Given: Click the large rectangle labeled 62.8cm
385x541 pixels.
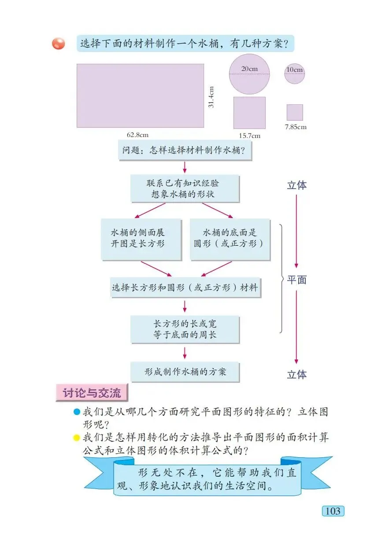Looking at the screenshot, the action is (140, 96).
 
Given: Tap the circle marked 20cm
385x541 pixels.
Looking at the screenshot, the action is (249, 74).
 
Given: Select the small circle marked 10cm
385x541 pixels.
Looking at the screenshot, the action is (294, 74).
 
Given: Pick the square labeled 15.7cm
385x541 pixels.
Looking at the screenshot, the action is (249, 113).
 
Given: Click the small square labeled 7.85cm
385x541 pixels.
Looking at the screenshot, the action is (295, 112).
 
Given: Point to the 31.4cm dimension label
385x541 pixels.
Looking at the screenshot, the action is (211, 97).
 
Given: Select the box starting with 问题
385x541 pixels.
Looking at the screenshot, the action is (185, 150).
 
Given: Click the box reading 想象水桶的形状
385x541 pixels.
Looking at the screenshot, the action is (185, 189).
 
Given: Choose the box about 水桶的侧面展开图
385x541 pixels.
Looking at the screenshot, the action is (141, 238).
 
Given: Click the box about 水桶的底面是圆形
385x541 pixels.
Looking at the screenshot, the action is (230, 238).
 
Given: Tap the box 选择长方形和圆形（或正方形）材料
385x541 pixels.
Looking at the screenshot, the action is (185, 288).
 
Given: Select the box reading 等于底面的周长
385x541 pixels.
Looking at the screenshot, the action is (185, 329).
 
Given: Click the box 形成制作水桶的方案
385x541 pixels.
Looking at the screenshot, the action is (185, 372).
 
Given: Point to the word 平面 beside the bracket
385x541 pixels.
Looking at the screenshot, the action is (297, 280).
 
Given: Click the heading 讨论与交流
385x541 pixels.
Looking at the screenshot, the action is (92, 392).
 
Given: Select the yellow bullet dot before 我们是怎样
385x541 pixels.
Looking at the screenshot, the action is (77, 438).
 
